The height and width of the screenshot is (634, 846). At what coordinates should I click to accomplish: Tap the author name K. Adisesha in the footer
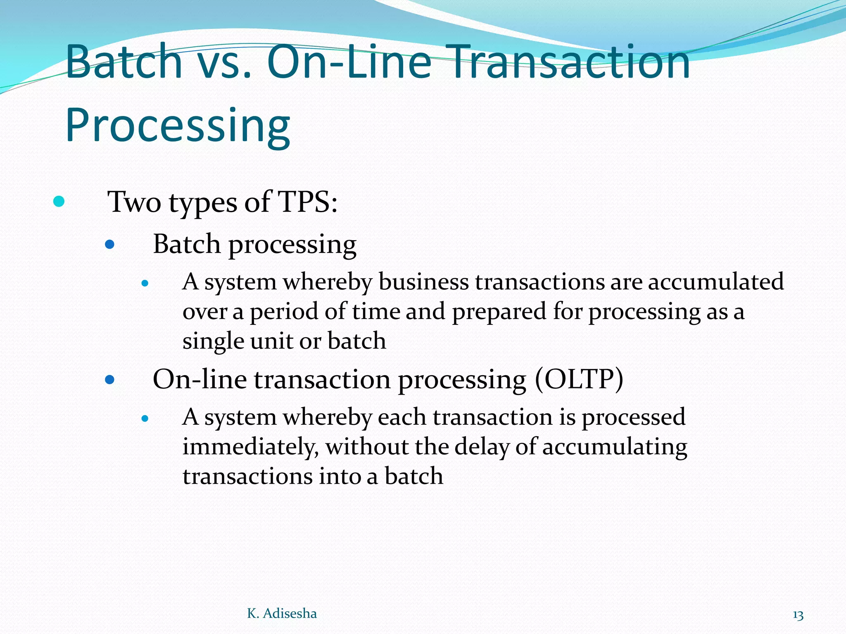click(x=282, y=613)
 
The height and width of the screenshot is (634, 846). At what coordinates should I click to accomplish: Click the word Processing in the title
click(x=178, y=125)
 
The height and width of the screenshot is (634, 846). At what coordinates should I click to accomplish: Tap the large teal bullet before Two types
click(x=59, y=202)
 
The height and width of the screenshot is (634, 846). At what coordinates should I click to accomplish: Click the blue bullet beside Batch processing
click(x=109, y=245)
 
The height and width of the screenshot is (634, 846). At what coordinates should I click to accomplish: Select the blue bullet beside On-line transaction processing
click(x=109, y=379)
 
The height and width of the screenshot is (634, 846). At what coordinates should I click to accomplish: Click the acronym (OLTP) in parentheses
click(x=579, y=379)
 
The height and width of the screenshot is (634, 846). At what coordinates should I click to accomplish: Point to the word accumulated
click(x=715, y=282)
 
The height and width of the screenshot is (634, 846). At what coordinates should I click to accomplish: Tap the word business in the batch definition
click(x=423, y=283)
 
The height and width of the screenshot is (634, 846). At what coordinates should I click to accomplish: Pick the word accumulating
click(x=615, y=447)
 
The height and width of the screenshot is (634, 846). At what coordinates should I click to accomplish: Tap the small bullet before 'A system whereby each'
click(x=145, y=419)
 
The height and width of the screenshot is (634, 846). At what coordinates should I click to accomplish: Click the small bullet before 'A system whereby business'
click(x=145, y=284)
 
